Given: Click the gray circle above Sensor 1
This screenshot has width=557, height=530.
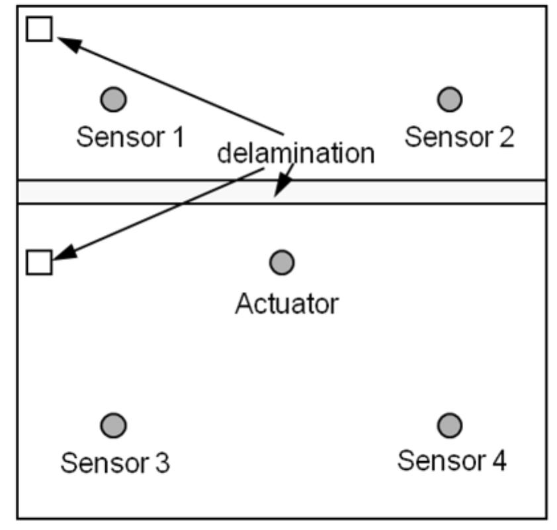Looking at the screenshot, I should (x=114, y=99).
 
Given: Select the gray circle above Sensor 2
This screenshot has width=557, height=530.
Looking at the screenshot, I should (x=450, y=99).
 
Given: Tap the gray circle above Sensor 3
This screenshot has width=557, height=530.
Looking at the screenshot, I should (x=114, y=424).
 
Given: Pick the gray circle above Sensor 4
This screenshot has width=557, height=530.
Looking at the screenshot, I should (x=450, y=424).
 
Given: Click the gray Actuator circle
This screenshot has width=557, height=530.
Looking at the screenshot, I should (x=282, y=263).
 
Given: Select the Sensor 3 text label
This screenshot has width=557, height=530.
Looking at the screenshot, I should (x=115, y=462).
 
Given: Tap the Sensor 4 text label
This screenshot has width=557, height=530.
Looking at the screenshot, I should (x=452, y=460).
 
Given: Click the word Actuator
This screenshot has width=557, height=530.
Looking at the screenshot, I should (x=287, y=304).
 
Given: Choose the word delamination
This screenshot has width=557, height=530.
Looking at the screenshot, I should (x=296, y=153).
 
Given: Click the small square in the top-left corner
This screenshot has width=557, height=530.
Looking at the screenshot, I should (x=39, y=29).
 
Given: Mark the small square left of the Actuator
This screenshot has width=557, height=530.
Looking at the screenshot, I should (x=39, y=262).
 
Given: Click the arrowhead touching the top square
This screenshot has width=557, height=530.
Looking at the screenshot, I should (x=67, y=44).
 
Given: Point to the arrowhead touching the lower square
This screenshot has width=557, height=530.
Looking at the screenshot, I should (x=64, y=254).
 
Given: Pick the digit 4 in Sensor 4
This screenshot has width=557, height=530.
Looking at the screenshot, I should (x=499, y=460).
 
